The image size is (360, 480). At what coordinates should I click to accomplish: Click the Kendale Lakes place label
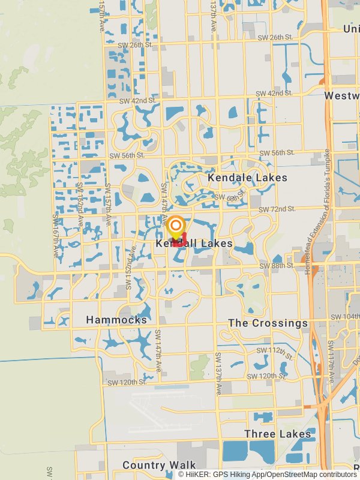point(247,178)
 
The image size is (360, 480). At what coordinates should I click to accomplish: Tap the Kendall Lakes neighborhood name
point(194,244)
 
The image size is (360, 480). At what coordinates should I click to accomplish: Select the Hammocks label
point(116,320)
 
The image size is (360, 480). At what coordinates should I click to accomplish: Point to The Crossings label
point(268,323)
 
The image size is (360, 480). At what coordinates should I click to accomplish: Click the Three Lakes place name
point(278,434)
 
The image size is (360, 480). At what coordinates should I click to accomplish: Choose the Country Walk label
point(159,465)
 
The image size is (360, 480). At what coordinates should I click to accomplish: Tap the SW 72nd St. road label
point(277,209)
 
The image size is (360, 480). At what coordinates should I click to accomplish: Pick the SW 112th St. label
point(274,350)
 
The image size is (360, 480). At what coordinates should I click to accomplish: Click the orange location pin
point(176,227)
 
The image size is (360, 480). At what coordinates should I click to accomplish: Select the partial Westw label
point(341,96)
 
